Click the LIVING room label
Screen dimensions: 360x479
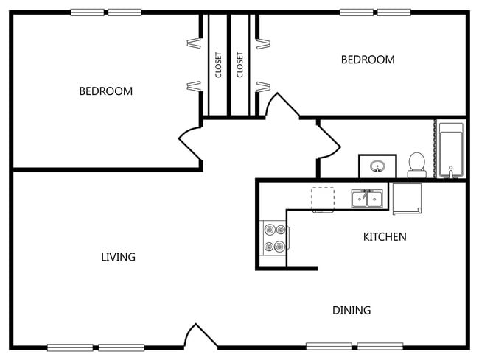tap(118, 257)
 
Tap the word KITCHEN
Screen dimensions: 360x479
tap(385, 237)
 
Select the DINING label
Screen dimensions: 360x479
tap(351, 310)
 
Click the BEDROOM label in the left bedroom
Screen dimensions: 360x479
tap(106, 91)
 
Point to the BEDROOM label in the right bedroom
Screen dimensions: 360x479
tap(367, 60)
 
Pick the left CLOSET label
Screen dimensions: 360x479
tap(218, 65)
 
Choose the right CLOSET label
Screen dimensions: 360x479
tap(239, 65)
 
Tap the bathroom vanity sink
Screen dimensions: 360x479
tap(377, 166)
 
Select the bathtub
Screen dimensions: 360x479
tap(450, 150)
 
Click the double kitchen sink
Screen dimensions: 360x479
tap(366, 199)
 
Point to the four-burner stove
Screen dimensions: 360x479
tap(274, 238)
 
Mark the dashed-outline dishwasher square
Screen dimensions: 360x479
tap(323, 199)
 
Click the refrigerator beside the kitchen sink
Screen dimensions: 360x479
tap(407, 198)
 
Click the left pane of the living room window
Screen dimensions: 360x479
tap(70, 347)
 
